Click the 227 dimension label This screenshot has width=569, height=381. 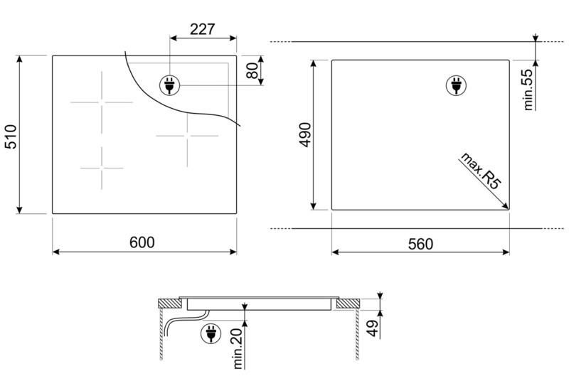pos(203,29)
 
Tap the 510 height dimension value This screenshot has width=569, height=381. pos(11,136)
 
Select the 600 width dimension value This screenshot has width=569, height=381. pos(142,242)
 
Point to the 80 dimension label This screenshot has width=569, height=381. pos(252,70)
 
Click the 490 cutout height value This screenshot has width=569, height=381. pos(305,135)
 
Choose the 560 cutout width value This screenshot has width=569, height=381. pos(420,244)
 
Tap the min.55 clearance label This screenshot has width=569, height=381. pos(528,89)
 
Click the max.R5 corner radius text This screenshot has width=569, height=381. pos(481,171)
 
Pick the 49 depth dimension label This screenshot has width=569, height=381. pos(373,328)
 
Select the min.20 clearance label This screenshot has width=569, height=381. pos(238,349)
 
